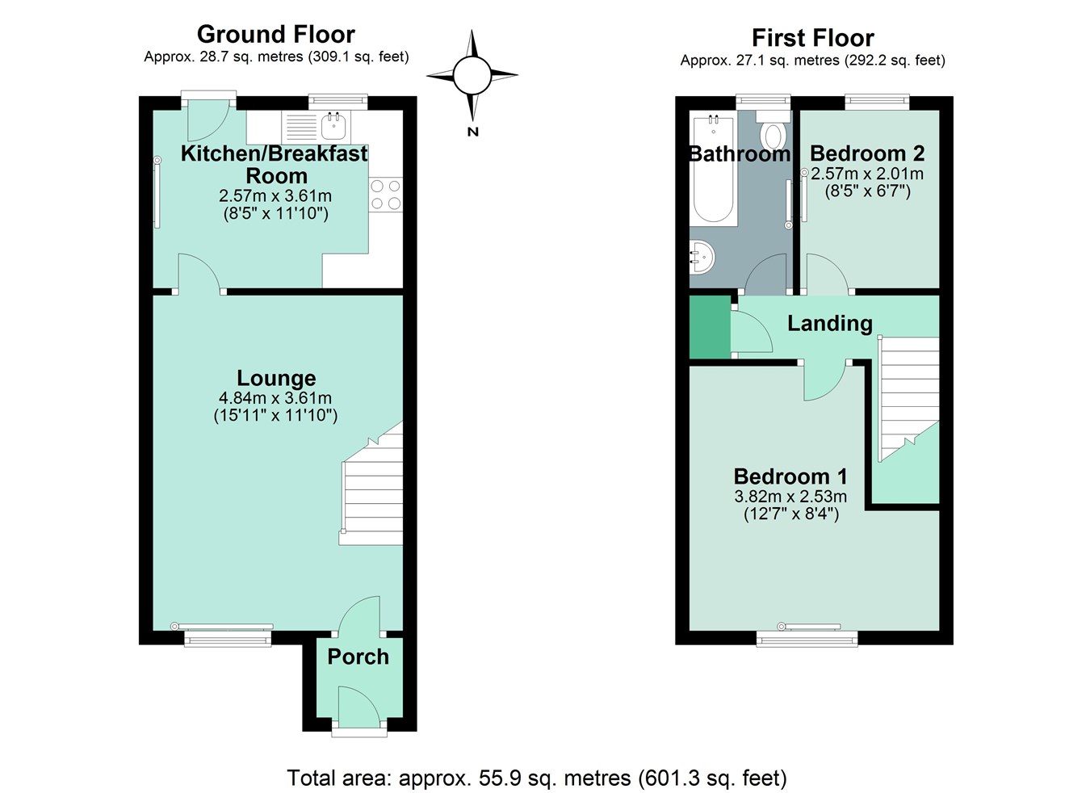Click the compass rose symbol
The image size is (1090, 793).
pos(472,76)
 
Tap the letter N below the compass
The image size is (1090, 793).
pos(473,132)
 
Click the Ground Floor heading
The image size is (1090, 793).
pos(275,34)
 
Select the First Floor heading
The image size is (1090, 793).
pos(812,38)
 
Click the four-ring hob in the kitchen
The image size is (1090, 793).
pos(385,195)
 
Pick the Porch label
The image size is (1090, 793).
pos(358,657)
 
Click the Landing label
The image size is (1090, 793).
pos(829,323)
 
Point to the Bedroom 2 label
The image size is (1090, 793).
pos(867,153)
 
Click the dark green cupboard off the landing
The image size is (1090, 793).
pos(709,327)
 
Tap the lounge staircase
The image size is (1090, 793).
pos(372,493)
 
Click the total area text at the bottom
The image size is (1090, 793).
pos(537,778)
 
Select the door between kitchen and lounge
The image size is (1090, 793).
pos(199,275)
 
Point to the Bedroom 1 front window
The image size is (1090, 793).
pos(807,638)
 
